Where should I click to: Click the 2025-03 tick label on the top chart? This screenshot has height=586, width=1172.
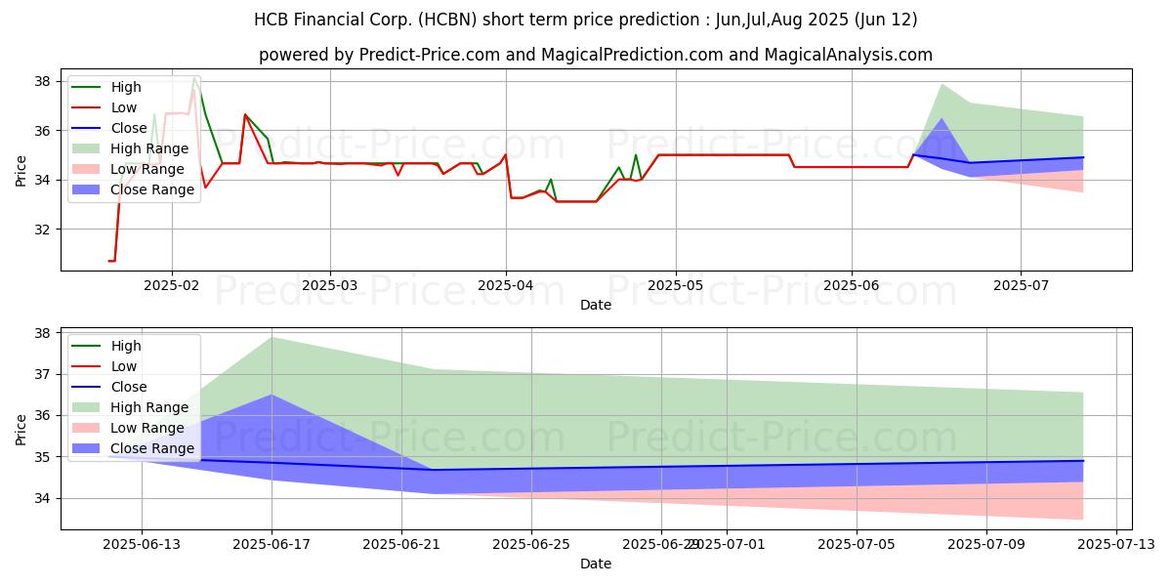point(330,285)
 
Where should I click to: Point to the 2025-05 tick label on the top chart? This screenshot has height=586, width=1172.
point(676,285)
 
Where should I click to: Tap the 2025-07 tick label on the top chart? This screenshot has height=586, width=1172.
point(1021,285)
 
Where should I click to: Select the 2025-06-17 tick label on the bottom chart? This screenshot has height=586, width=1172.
point(272,545)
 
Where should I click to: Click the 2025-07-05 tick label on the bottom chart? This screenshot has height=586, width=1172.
point(857,545)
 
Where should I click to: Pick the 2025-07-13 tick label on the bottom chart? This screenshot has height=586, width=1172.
point(1116,545)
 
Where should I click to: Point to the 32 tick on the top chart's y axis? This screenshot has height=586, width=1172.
point(42,230)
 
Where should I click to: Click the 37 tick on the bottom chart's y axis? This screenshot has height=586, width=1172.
point(42,375)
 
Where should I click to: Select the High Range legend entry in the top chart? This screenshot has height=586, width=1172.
point(130,148)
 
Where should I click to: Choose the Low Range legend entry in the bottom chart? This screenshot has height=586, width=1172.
point(128,428)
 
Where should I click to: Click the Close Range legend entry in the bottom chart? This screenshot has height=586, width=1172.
point(133,448)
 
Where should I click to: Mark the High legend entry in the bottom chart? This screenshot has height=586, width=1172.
point(106,346)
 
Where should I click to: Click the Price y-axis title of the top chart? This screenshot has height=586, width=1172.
point(21,171)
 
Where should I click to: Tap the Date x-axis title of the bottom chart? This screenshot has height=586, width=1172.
point(596,564)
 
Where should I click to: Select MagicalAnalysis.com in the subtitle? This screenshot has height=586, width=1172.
point(849,55)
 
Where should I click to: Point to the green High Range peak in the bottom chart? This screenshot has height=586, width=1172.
point(272,338)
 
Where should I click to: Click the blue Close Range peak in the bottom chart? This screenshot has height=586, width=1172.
point(272,395)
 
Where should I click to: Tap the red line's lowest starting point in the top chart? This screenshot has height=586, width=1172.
point(108,261)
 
